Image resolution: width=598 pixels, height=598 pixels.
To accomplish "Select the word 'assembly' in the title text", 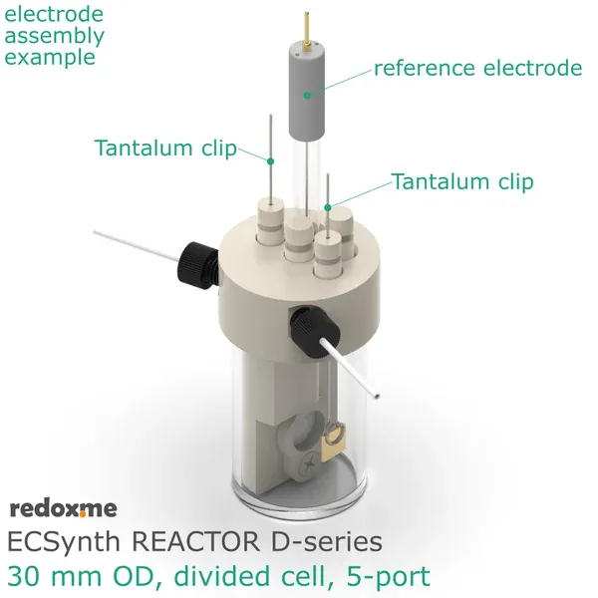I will click(55, 37).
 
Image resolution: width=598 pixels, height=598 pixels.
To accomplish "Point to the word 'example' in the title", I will click(50, 56).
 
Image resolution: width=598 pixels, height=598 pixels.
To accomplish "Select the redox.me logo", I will click(63, 509).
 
